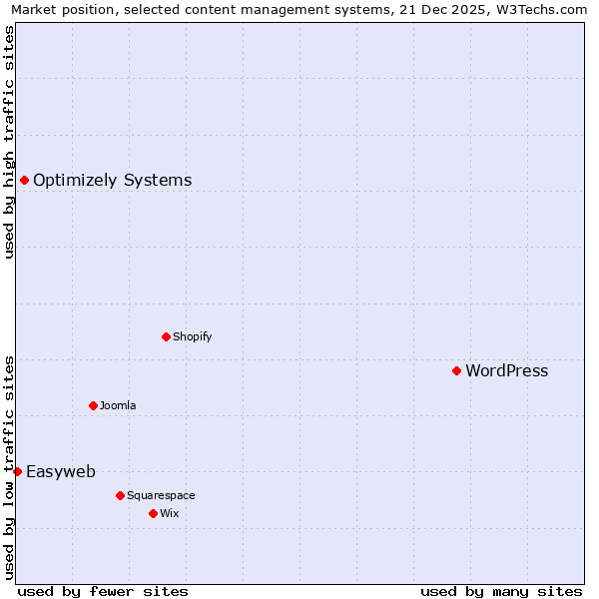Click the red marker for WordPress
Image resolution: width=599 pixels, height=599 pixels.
[x=456, y=370]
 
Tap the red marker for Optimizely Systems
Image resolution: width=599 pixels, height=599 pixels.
[x=24, y=180]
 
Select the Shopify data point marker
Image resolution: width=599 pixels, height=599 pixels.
[x=166, y=336]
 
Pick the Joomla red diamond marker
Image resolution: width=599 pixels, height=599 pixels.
[x=93, y=405]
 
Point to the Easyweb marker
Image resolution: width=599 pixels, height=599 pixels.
[x=17, y=471]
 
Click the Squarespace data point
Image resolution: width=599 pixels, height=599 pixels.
[x=120, y=495]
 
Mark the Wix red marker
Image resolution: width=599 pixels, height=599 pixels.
[x=153, y=513]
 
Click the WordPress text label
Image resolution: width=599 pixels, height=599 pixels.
[x=506, y=371]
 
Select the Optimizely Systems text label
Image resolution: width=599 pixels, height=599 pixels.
[x=112, y=181]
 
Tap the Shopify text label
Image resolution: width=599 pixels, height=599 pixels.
[x=192, y=337]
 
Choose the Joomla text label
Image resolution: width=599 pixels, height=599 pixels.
[x=118, y=406]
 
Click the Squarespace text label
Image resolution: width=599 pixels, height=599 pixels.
[x=161, y=496]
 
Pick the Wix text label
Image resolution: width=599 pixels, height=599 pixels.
[x=169, y=514]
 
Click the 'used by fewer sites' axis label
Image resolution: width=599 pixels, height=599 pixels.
[x=103, y=591]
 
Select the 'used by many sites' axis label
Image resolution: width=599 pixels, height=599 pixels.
[x=501, y=591]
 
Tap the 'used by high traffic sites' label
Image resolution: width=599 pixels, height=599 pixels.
[x=9, y=142]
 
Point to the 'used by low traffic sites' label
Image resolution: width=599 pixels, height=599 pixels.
[x=9, y=466]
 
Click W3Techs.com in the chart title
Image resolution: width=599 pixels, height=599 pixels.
[x=544, y=9]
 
